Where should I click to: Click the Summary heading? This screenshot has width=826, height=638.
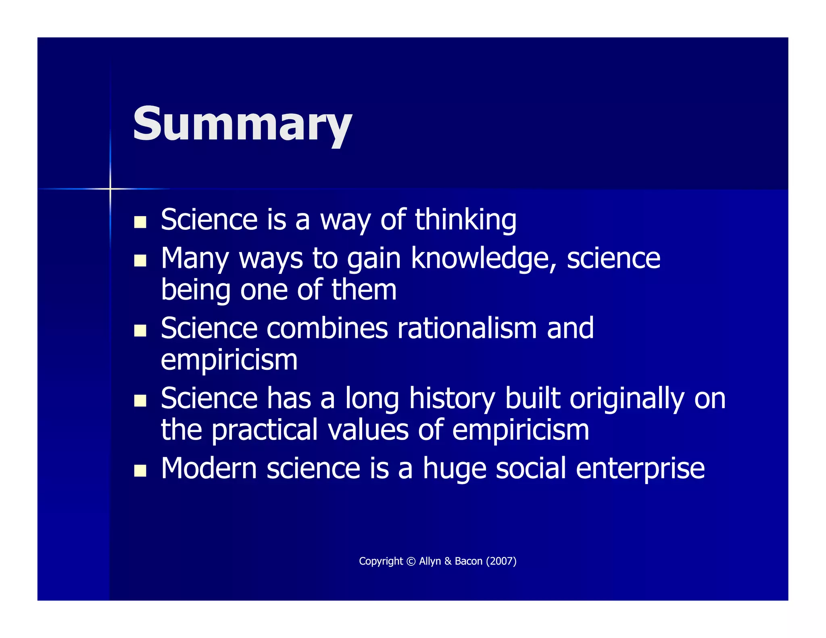(x=242, y=124)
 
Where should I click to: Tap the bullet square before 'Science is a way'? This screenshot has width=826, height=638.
(x=140, y=222)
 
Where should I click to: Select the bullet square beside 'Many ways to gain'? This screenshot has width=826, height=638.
(x=140, y=261)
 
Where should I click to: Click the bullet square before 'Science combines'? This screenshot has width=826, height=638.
(x=140, y=331)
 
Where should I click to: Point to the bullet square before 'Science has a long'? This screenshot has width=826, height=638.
(x=140, y=400)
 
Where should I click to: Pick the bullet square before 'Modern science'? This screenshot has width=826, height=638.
(x=140, y=471)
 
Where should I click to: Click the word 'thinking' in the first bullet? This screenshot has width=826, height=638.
(x=465, y=220)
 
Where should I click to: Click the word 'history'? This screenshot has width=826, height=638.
(x=452, y=398)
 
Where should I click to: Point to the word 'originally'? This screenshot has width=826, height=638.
(x=627, y=398)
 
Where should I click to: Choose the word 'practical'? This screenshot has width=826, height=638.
(x=265, y=430)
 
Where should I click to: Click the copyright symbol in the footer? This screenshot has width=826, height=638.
(x=411, y=561)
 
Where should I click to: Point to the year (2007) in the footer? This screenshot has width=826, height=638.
(x=501, y=561)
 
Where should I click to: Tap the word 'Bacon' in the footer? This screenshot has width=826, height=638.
(x=469, y=561)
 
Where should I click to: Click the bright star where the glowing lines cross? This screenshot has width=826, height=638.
(x=110, y=188)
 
